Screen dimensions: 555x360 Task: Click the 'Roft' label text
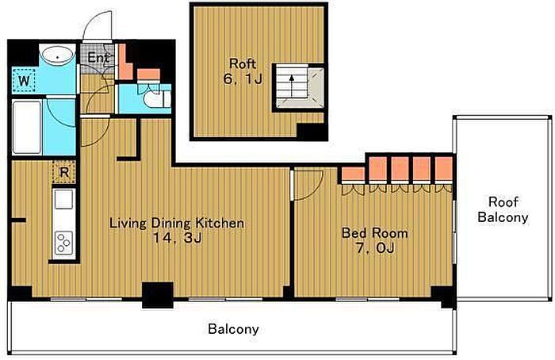(243, 64)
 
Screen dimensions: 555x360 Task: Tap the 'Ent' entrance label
(98, 58)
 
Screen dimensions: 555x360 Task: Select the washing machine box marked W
(24, 80)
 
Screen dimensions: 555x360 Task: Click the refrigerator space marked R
(64, 172)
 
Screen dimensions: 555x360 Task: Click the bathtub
(27, 128)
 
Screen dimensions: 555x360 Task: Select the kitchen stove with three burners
(64, 243)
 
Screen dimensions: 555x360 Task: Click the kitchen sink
(63, 199)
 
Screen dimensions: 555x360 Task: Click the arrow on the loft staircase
(292, 86)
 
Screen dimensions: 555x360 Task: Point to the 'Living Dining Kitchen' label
(177, 224)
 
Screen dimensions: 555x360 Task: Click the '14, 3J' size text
(177, 238)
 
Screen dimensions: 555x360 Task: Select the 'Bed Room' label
(374, 233)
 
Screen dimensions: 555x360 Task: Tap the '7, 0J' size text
(375, 248)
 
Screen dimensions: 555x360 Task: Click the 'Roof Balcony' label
(503, 209)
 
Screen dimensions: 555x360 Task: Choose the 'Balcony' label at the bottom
(233, 329)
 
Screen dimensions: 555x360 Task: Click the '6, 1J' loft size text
(243, 79)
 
